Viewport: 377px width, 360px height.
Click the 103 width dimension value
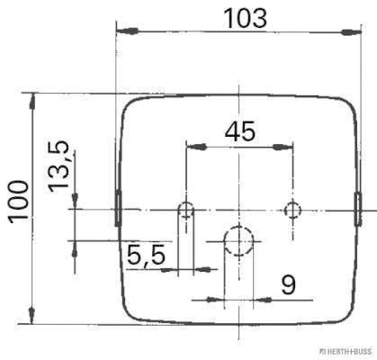246,18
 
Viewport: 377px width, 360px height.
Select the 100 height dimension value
19,202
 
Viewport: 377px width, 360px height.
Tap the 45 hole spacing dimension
240,131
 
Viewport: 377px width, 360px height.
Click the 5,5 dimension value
146,255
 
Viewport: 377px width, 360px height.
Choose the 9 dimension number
289,284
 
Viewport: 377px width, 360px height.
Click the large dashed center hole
238,241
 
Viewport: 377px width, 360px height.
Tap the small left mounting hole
186,210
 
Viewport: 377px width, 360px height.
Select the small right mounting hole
292,210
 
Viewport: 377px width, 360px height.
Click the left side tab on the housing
118,208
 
